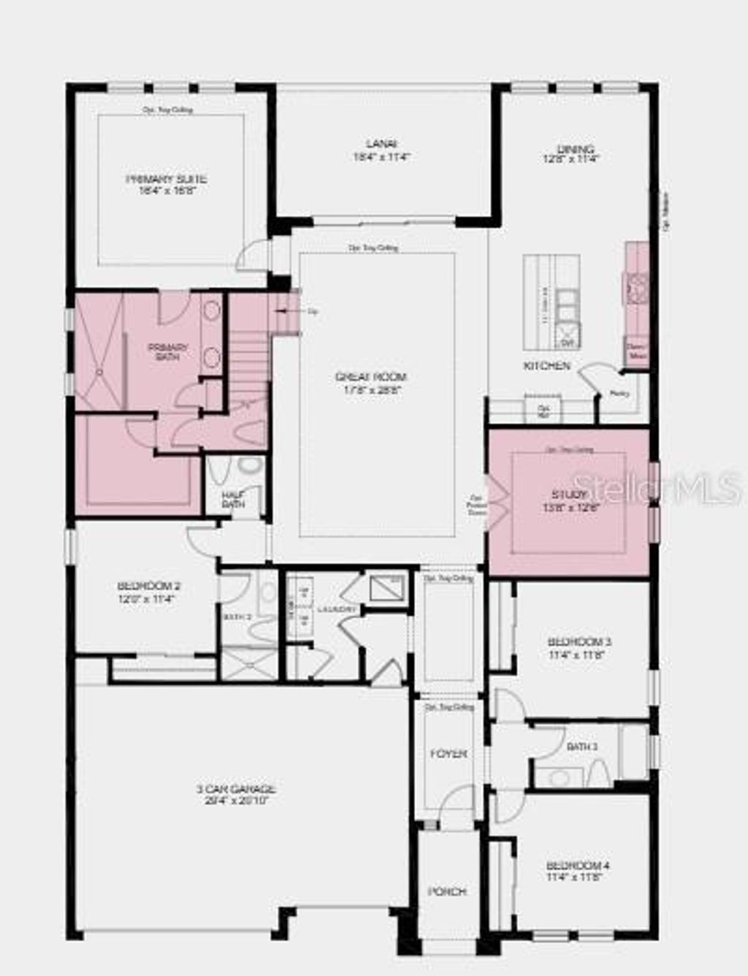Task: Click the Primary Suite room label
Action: point(167,180)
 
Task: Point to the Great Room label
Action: point(371,378)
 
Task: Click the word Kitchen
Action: point(546,366)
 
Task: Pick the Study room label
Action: point(570,495)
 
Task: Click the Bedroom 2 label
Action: point(148,587)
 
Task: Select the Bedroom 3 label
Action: point(579,643)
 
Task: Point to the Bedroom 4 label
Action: point(578,866)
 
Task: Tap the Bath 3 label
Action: point(582,747)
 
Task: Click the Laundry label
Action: point(337,609)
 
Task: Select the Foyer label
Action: point(448,753)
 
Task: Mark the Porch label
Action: point(447,892)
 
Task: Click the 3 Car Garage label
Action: point(236,790)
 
